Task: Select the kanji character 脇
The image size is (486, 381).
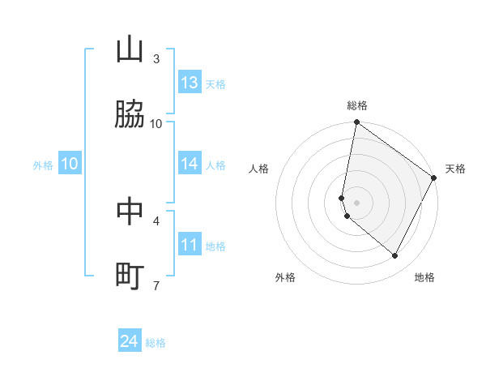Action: (130, 115)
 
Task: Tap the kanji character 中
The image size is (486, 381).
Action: (130, 212)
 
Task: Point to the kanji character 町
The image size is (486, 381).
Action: (130, 276)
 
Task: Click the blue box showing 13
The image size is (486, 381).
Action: (190, 83)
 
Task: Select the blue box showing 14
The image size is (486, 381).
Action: (190, 164)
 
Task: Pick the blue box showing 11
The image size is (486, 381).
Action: (190, 245)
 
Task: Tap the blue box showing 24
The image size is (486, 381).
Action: (130, 342)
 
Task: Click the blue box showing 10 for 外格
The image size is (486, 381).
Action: (70, 164)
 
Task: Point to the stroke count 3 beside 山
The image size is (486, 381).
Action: (156, 58)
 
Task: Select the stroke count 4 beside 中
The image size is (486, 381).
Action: (156, 220)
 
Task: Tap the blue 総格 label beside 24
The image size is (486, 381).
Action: (156, 343)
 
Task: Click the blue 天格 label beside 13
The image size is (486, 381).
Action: (215, 83)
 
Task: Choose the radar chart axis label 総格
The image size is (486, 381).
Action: (357, 105)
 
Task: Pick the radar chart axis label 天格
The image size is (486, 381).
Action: (455, 169)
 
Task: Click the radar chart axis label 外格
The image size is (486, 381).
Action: (285, 277)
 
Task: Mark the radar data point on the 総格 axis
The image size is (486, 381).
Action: (356, 123)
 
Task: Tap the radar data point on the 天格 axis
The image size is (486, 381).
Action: (434, 178)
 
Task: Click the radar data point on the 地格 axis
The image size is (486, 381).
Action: (394, 256)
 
